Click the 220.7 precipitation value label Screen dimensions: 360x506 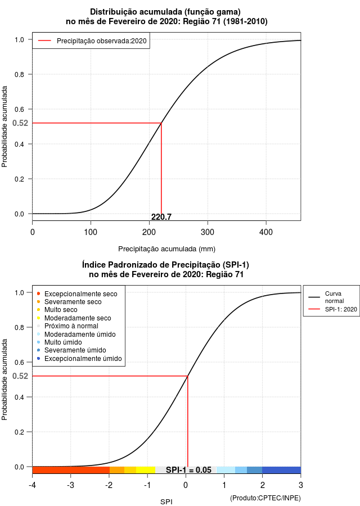161,217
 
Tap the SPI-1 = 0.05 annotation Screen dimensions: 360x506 188,470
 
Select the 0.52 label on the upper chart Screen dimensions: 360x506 20,123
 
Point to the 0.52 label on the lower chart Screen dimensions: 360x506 20,376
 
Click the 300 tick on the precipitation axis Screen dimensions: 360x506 208,232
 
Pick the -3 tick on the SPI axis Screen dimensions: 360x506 70,485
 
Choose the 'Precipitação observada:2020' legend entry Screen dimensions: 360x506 92,41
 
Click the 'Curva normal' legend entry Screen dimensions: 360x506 326,297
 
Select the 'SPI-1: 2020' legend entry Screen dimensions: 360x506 332,309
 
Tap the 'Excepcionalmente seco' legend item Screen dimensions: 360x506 77,294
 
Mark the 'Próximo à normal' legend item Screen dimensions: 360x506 67,326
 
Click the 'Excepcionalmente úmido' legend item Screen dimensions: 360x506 79,359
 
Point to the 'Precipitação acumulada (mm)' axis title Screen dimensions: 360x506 166,249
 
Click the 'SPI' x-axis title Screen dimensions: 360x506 166,502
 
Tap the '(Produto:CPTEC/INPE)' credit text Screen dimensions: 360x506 265,498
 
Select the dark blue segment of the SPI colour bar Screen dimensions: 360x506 281,470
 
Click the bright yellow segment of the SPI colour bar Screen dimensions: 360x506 146,470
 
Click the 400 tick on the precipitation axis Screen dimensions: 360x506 266,232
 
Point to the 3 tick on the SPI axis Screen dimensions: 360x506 300,485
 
